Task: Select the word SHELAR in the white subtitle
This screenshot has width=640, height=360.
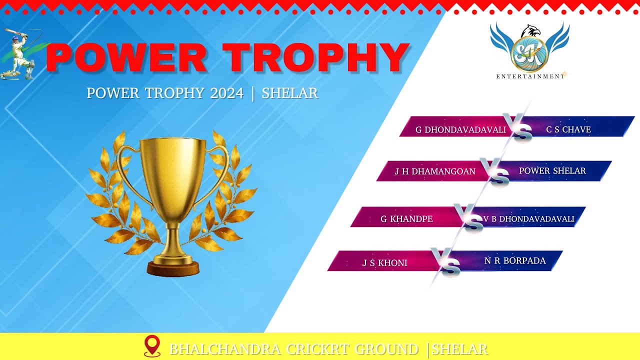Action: (x=290, y=93)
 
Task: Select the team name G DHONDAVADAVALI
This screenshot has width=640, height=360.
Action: (x=460, y=130)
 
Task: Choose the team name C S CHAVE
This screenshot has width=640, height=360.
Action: (x=568, y=129)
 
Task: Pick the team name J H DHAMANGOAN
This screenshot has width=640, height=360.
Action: (x=435, y=171)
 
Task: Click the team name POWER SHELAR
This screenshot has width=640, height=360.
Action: (x=552, y=171)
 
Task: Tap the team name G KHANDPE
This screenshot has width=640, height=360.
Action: (x=406, y=219)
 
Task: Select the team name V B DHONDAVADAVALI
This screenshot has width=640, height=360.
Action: (x=528, y=219)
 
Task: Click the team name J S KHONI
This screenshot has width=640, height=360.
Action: (x=384, y=263)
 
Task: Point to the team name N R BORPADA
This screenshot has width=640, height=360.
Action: (x=515, y=260)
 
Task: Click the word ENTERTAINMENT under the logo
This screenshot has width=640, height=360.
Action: (x=529, y=76)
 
